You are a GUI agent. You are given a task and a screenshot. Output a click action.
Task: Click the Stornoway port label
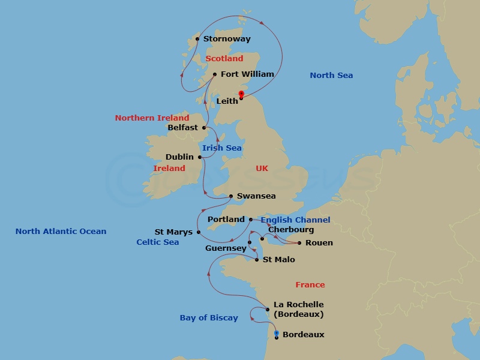(227, 39)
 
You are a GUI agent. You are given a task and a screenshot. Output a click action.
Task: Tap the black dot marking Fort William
(215, 74)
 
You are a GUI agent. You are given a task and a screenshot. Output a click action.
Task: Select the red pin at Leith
(241, 94)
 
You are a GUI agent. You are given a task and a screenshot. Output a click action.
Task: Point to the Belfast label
(183, 128)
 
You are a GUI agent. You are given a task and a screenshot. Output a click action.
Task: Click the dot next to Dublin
(200, 157)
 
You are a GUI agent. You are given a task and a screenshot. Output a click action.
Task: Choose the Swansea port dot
(231, 196)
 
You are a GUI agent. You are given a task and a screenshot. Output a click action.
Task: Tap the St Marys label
(173, 232)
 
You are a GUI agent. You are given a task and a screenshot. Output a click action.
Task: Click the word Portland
(226, 220)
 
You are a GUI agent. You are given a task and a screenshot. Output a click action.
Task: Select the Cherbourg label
(291, 230)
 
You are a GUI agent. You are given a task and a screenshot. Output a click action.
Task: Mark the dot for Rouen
(299, 243)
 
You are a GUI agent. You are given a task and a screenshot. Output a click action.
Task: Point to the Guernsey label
(226, 248)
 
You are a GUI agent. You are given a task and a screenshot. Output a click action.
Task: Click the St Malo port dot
(257, 260)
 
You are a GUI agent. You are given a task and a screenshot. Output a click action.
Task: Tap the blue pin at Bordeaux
(276, 334)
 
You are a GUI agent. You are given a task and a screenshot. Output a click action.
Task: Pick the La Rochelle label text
(298, 305)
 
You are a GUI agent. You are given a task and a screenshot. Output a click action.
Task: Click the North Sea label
(331, 76)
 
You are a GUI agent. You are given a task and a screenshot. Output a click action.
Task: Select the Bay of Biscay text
(209, 318)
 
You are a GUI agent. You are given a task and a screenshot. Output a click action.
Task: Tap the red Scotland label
(224, 59)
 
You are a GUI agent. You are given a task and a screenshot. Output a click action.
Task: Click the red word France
(310, 285)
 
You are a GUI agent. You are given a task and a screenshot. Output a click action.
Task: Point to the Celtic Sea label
(158, 242)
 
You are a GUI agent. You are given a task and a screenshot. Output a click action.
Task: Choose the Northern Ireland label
(152, 118)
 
